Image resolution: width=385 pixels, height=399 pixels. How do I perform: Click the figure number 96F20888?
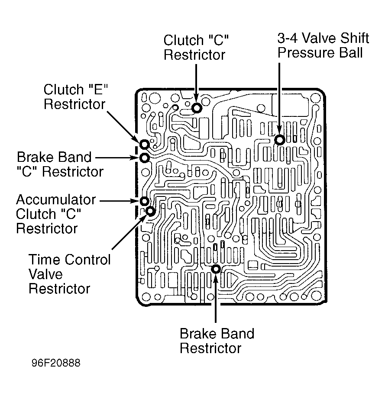[56, 363]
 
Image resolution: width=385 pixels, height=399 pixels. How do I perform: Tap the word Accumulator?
[56, 200]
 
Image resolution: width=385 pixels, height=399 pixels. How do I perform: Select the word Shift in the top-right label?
[355, 38]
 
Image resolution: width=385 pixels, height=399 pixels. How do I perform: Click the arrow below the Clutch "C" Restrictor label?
[196, 83]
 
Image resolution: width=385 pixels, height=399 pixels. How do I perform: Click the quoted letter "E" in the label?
[98, 89]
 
